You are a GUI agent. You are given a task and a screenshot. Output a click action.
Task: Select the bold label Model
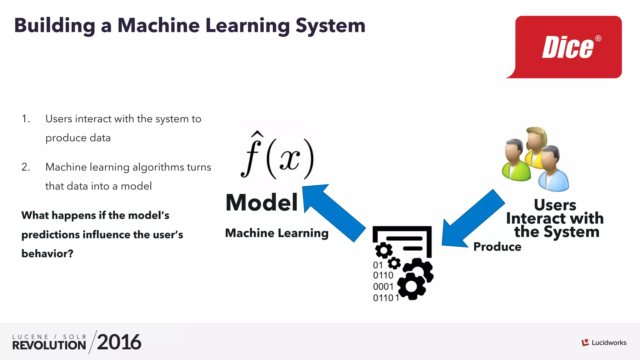tap(262, 202)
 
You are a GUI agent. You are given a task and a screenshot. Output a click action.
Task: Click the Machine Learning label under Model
tap(277, 233)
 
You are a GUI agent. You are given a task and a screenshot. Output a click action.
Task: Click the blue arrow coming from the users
tap(472, 219)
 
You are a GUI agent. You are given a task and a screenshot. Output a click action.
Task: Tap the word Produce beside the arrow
tap(497, 247)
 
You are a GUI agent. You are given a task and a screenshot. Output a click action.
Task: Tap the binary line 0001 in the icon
tap(383, 287)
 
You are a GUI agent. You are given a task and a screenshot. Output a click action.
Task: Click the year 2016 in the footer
tap(119, 342)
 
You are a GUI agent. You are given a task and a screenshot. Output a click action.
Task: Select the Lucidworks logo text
tap(609, 343)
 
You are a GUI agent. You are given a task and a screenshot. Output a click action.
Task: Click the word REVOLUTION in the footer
tap(49, 345)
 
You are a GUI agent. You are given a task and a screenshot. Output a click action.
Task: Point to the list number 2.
tap(26, 167)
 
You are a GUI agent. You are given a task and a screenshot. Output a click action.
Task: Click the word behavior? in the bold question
tap(47, 253)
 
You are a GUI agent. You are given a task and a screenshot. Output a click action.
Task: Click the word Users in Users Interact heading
tap(555, 205)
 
